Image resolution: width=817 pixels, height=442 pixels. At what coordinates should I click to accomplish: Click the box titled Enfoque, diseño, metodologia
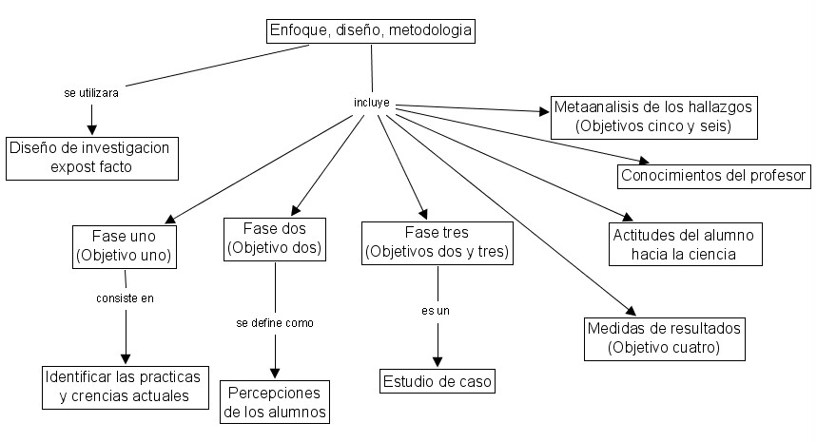coord(370,30)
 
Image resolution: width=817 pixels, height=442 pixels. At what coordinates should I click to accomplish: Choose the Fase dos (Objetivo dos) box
coord(275,239)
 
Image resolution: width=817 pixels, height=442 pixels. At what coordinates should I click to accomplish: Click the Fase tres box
coord(438,242)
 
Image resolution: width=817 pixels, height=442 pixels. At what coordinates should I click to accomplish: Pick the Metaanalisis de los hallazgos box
coord(652,117)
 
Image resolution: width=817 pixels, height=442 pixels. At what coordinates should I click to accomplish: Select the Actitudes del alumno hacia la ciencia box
coord(682,244)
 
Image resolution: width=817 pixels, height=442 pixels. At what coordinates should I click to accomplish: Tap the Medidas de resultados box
coord(663,338)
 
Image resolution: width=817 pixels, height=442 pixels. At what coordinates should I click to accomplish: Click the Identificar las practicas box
coord(126,387)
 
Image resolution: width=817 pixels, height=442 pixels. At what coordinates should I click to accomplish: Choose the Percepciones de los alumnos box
coord(275,403)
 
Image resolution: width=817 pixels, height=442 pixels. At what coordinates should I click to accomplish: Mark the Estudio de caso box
coord(438,382)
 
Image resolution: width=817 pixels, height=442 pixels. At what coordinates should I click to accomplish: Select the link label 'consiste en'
coord(125,298)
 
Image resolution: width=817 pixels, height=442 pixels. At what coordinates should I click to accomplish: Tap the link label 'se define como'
coord(275,322)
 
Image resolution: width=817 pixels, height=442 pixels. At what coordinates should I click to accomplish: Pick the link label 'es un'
coord(437,311)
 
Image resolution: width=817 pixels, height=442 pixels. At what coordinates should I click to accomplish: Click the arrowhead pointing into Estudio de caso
coord(438,361)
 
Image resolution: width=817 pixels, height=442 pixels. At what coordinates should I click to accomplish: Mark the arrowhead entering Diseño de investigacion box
coord(92,129)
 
